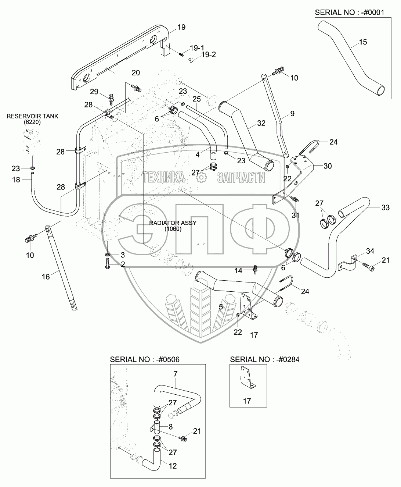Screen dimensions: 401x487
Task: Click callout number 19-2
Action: (x=209, y=54)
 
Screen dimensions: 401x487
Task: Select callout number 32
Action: (x=261, y=123)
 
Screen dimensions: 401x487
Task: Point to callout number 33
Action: (x=386, y=207)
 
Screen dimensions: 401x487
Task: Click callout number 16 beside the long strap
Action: (x=46, y=277)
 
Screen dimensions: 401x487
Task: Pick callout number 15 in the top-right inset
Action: (x=363, y=42)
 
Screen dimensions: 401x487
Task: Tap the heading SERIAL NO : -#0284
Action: (x=264, y=359)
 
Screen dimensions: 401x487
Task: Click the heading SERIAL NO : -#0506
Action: (x=145, y=359)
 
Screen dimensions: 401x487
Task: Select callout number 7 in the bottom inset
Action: (x=176, y=374)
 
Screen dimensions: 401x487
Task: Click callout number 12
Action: (x=173, y=466)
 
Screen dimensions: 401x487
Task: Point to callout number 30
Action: (x=328, y=166)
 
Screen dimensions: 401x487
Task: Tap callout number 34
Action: (x=370, y=251)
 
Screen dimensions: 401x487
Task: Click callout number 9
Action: (x=292, y=114)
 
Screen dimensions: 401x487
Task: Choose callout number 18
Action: (x=16, y=179)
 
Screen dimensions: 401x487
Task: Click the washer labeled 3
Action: (x=108, y=255)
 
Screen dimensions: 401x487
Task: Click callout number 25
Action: (x=196, y=99)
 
